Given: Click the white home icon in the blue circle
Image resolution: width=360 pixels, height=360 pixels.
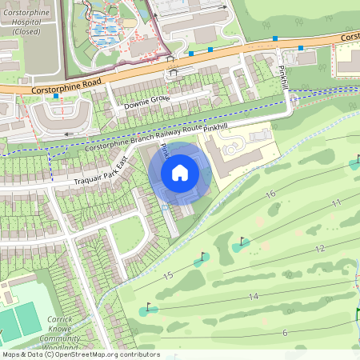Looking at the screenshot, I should click(180, 173).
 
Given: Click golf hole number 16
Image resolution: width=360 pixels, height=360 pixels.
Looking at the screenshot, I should click(270, 194).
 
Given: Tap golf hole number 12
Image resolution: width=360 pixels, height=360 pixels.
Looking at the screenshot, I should click(320, 249).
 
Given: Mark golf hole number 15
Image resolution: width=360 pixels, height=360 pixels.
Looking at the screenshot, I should click(167, 275).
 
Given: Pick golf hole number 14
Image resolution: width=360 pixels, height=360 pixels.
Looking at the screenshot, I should click(253, 297).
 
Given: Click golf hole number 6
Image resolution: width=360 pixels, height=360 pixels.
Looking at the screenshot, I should click(284, 333).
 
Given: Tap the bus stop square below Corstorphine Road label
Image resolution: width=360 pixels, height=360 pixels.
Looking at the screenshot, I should click(57, 96).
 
